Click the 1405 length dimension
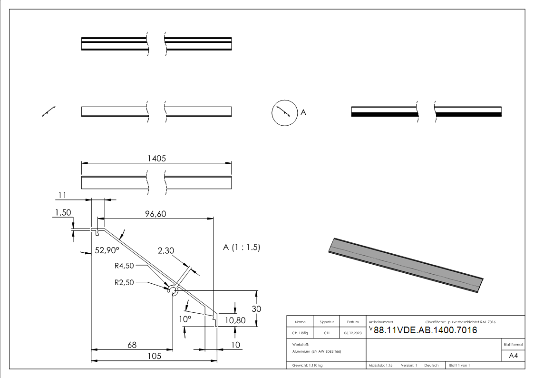tap(156, 159)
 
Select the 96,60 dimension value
tap(155, 214)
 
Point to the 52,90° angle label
tap(107, 249)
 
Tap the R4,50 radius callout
tap(125, 266)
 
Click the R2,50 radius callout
tap(125, 282)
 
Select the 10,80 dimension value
tap(235, 320)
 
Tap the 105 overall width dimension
tap(154, 356)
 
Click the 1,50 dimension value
tap(63, 213)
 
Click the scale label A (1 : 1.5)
tap(242, 248)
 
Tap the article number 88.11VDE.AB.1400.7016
tap(425, 330)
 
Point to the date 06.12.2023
tap(352, 333)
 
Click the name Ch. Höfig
tap(300, 333)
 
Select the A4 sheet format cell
tap(513, 356)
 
